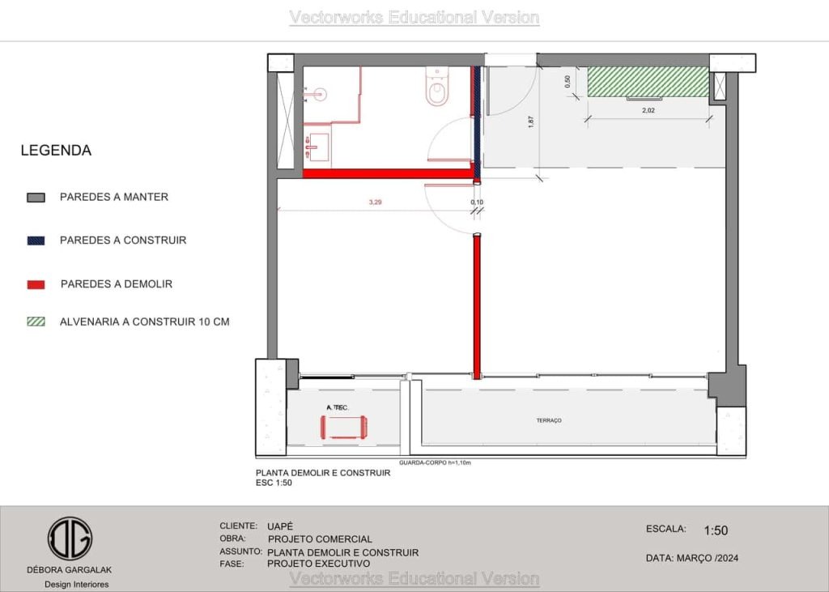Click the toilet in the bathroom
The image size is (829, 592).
[x=436, y=87]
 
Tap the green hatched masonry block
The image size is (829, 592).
[x=648, y=82]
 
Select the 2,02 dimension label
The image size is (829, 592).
[x=648, y=111]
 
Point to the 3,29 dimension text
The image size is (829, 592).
[x=375, y=202]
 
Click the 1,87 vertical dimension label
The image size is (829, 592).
[x=531, y=122]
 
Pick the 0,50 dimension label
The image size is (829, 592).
[x=568, y=82]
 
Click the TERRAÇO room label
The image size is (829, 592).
[x=549, y=420]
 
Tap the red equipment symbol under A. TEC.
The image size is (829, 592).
[x=343, y=427]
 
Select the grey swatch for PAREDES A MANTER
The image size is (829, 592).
[x=36, y=198]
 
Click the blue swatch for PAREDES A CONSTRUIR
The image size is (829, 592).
[x=36, y=241]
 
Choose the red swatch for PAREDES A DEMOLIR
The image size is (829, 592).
[x=36, y=284]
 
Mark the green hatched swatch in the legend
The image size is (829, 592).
[x=36, y=322]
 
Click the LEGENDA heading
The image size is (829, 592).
[x=56, y=151]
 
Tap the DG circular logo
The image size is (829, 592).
[x=70, y=539]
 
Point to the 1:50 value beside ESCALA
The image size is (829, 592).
[x=716, y=530]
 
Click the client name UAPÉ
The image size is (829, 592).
[x=279, y=526]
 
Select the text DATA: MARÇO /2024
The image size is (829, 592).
[x=692, y=558]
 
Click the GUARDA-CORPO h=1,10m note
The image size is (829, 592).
[x=435, y=463]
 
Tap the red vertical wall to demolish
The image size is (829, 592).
[x=477, y=307]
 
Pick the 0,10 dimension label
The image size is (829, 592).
[x=477, y=202]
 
